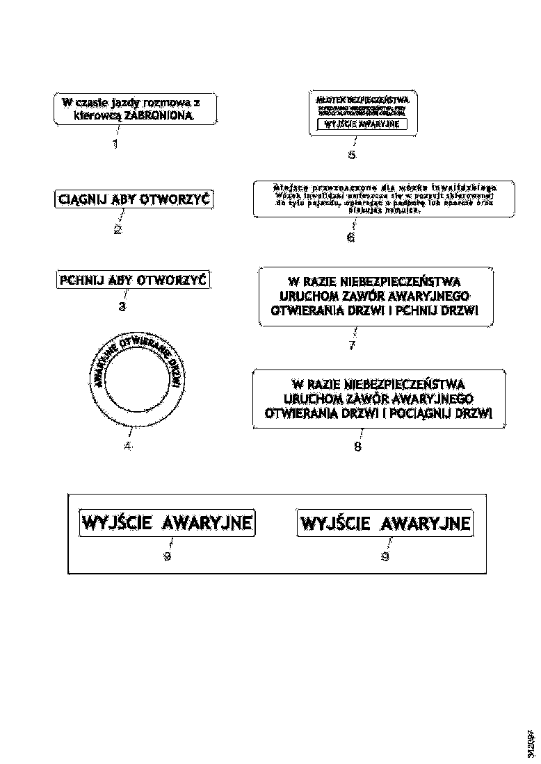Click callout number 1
pos(115,144)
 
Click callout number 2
pos(118,230)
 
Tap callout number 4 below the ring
pos(127,447)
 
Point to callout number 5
pos(352,155)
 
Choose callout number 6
pos(350,238)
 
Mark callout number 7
pos(352,345)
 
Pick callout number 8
pos(357,447)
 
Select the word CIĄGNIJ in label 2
pos(81,201)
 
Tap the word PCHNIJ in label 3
pos(82,281)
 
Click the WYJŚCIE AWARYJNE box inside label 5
pos(362,124)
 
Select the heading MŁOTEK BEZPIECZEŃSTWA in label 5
pos(362,99)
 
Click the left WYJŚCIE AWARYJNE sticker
pos(167,522)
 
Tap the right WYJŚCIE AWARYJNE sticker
pos(385,522)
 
